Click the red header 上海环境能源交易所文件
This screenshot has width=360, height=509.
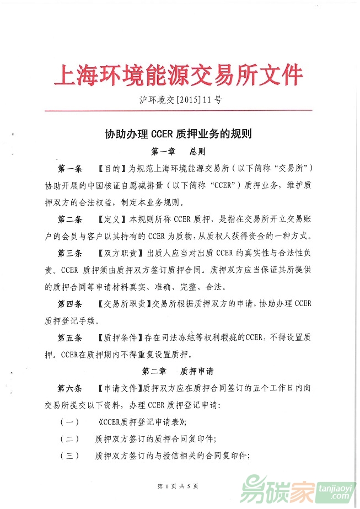179,75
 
